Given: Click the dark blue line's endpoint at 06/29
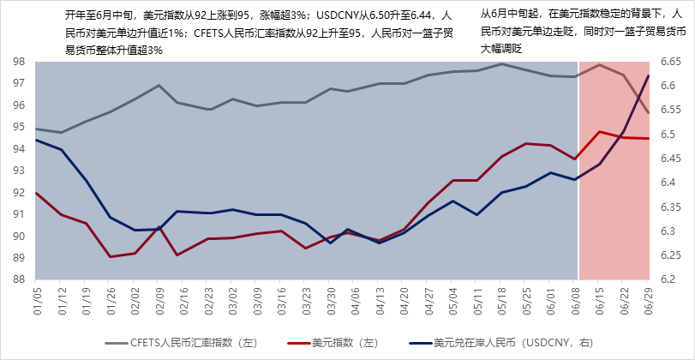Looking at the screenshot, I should [648, 76].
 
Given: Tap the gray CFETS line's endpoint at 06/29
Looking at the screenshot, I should [648, 112].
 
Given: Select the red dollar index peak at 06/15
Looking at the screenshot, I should [600, 131].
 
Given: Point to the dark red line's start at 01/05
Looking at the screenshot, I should [36, 193].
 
